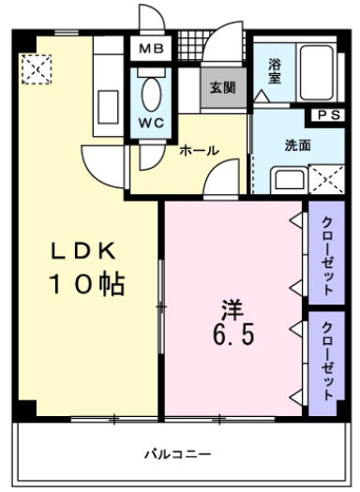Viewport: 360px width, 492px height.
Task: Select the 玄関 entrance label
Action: pyautogui.click(x=222, y=89)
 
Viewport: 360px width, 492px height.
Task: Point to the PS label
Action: pyautogui.click(x=327, y=115)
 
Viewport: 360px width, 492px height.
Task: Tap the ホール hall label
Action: pyautogui.click(x=199, y=150)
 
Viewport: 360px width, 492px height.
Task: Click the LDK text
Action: pyautogui.click(x=82, y=250)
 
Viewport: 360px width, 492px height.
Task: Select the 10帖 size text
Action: pyautogui.click(x=87, y=284)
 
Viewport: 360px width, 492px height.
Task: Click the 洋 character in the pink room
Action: pyautogui.click(x=232, y=306)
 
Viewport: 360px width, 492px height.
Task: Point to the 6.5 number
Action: pyautogui.click(x=233, y=335)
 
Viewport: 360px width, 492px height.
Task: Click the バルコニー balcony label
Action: pyautogui.click(x=177, y=455)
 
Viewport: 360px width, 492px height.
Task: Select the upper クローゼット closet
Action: pyautogui.click(x=325, y=250)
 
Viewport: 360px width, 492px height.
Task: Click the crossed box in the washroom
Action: pyautogui.click(x=324, y=176)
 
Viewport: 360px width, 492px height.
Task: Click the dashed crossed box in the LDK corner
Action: pyautogui.click(x=37, y=67)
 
